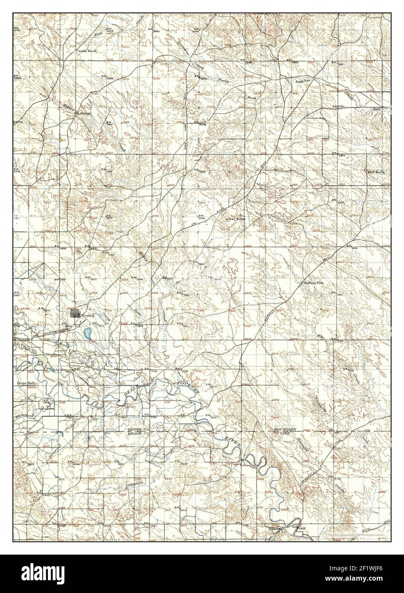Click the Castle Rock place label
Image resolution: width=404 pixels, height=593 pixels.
click(87, 51)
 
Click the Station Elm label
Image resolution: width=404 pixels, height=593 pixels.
click(315, 283)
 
